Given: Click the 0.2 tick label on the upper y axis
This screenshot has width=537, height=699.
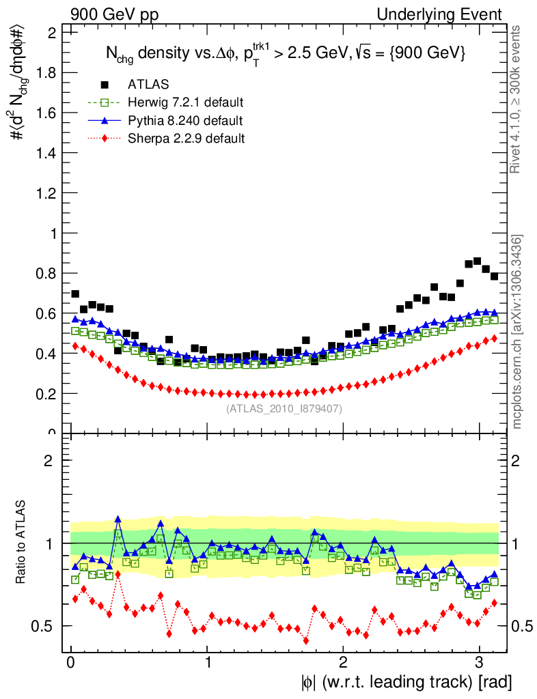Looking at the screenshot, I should click(46, 394).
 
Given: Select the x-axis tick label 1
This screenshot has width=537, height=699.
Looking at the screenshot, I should click(208, 662).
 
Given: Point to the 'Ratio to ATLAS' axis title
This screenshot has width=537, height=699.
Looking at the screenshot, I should click(21, 543).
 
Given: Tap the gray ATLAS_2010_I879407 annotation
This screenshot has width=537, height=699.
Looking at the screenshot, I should click(284, 408).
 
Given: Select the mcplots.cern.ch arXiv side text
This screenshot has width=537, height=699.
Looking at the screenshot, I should click(517, 332).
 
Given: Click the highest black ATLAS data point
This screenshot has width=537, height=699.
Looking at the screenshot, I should click(477, 261).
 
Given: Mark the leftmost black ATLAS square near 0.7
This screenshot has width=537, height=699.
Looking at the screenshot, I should click(75, 294).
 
